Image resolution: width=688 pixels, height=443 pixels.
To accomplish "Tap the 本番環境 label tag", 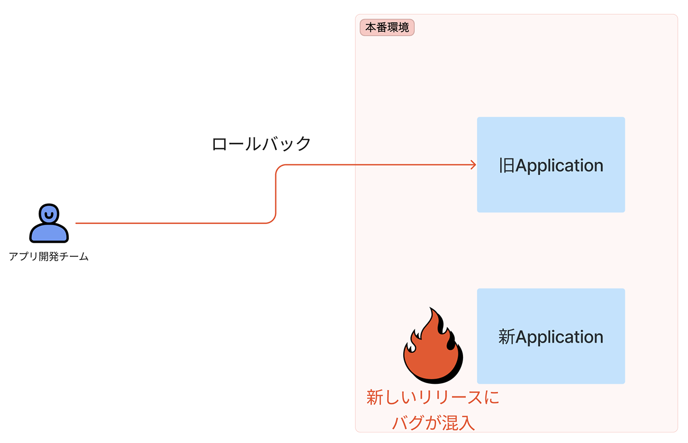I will (387, 27).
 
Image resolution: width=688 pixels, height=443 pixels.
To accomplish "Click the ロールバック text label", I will (261, 144).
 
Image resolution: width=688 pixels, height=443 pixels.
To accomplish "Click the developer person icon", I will (49, 223).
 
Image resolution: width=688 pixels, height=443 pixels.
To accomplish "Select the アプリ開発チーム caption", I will (49, 257).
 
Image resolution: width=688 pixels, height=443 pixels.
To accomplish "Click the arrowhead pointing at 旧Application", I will (473, 165).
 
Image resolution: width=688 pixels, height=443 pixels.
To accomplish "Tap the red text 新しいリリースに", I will (432, 398).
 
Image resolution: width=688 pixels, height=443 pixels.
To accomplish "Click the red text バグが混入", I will (432, 423).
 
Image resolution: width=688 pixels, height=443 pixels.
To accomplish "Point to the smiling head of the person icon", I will (49, 214).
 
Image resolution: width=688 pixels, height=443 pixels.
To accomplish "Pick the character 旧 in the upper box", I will (506, 165).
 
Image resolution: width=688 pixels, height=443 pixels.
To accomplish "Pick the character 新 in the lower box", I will (506, 337).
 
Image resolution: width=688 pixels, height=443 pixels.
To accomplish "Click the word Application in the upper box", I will (559, 166).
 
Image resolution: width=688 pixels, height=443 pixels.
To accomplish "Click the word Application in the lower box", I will (559, 337).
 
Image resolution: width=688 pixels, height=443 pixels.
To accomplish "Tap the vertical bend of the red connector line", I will (276, 194).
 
